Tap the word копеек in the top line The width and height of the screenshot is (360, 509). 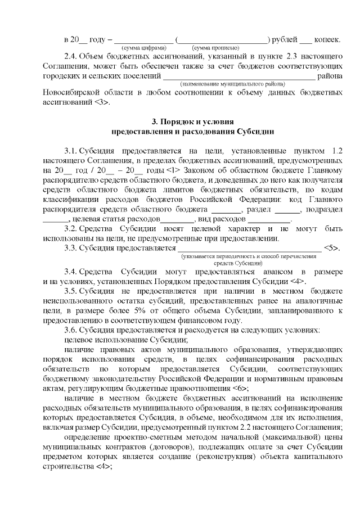pos(327,39)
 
